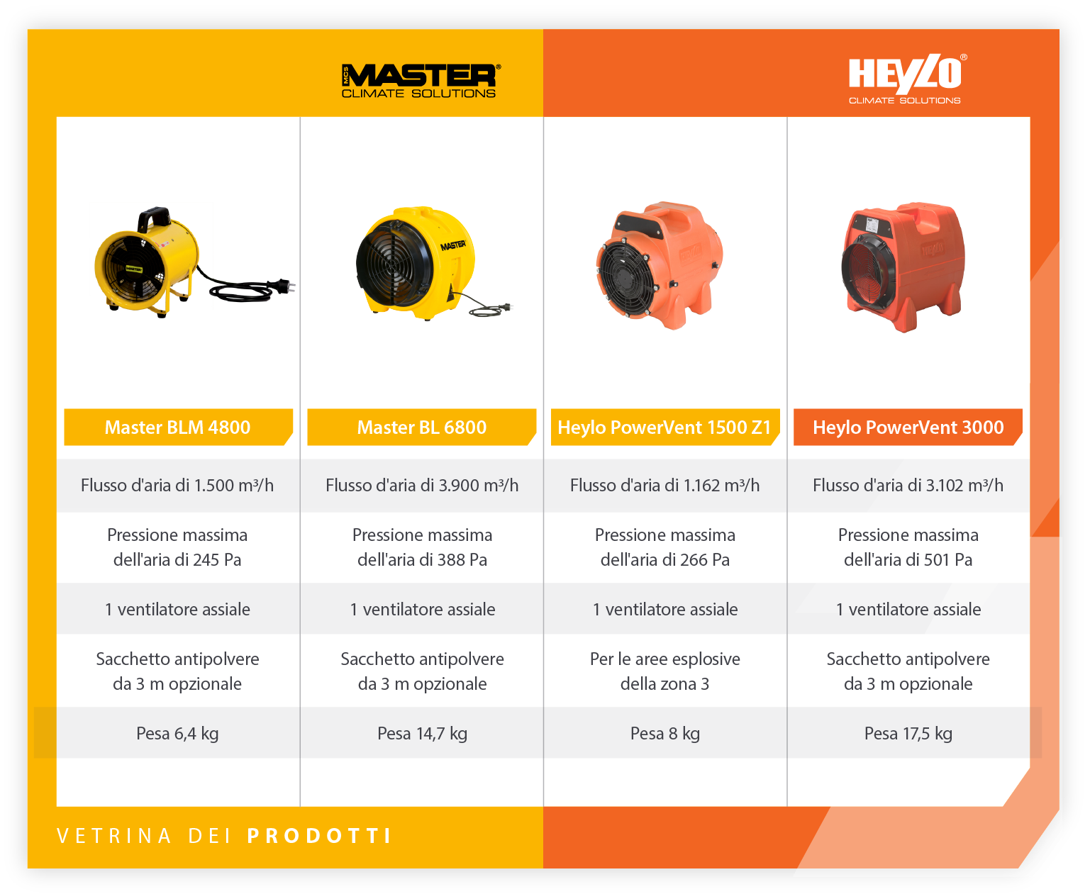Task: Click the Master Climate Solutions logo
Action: point(420,81)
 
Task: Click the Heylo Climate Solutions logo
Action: point(906,79)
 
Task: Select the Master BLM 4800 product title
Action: point(177,428)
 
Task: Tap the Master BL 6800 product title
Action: point(422,428)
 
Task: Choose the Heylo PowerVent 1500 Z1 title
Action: point(664,428)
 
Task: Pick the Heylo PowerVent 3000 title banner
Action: point(908,428)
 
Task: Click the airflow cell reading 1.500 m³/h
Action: point(177,485)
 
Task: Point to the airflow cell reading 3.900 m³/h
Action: point(422,485)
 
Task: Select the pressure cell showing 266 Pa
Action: point(664,547)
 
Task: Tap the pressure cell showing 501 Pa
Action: point(908,547)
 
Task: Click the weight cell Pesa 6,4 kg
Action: point(177,734)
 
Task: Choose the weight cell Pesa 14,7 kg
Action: point(422,734)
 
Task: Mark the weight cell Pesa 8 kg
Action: point(664,734)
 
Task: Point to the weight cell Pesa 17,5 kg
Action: point(908,734)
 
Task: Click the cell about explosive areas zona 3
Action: point(664,671)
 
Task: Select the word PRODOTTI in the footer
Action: point(319,836)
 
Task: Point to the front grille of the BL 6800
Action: point(391,263)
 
